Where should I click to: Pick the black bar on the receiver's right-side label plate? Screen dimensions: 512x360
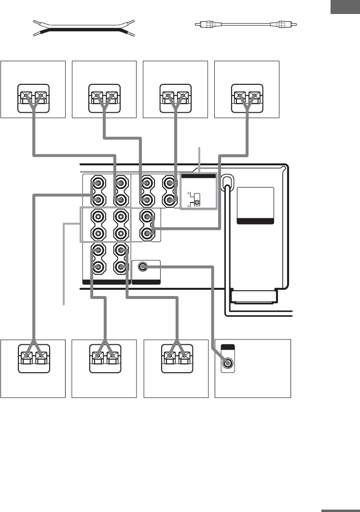click(x=256, y=221)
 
